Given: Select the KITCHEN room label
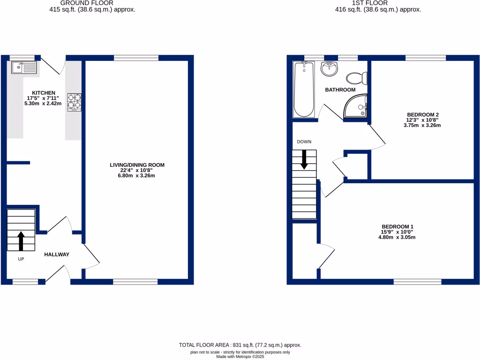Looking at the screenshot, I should [x=44, y=93].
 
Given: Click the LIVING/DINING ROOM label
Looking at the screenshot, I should [x=137, y=165].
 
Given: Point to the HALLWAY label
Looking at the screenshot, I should [x=57, y=255].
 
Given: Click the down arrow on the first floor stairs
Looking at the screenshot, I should [x=304, y=159].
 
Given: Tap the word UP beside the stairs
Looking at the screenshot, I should [x=21, y=259].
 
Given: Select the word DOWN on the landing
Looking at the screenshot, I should [x=304, y=142].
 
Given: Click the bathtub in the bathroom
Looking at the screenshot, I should [x=304, y=90].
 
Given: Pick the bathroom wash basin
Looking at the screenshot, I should [x=330, y=69].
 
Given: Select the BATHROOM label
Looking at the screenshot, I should [x=340, y=90].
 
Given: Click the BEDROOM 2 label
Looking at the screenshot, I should [x=423, y=114].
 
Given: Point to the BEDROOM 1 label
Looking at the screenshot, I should [x=397, y=226].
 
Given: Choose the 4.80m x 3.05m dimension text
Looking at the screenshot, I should [x=397, y=237].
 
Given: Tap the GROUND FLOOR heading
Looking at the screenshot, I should [x=92, y=3].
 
